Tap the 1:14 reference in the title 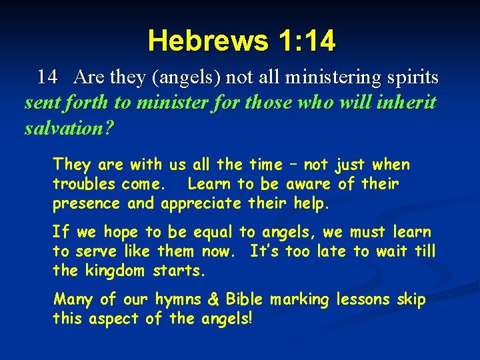point(303,41)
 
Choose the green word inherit point(406,103)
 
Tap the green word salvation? point(69,127)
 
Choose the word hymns point(184,300)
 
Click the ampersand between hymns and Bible point(215,300)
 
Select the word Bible point(244,300)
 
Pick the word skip point(411,300)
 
